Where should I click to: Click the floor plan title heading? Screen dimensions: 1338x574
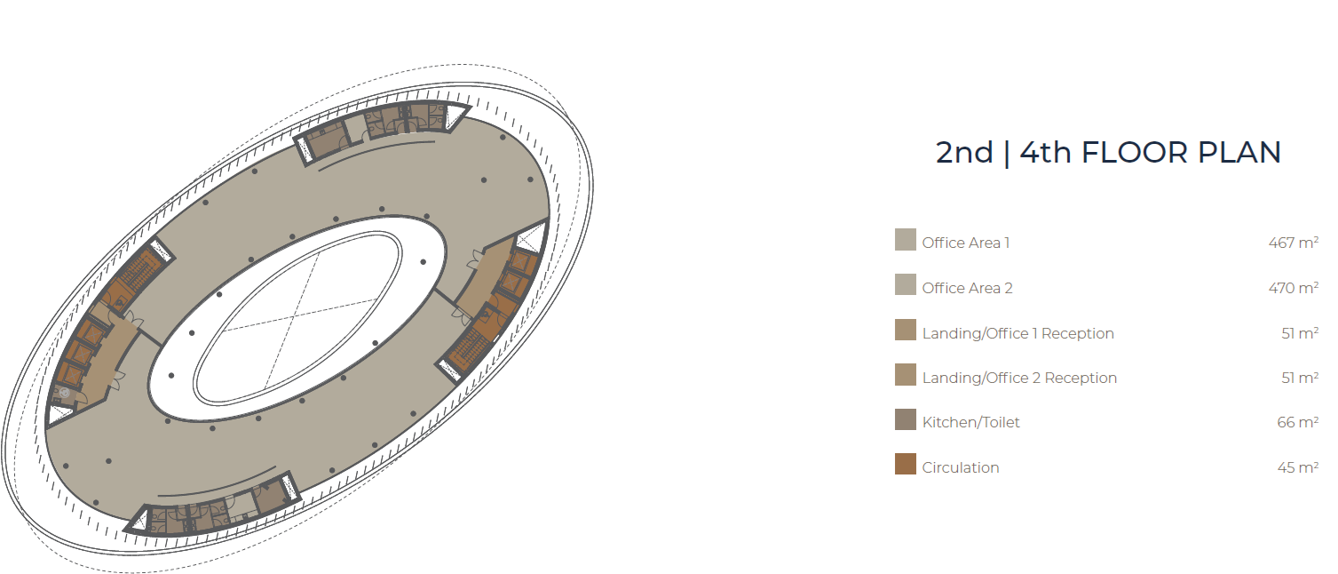click(x=1108, y=153)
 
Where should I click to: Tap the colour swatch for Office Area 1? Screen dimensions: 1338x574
click(x=905, y=240)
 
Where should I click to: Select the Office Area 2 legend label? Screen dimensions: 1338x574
click(x=967, y=288)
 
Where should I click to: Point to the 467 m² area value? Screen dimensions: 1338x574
click(x=1294, y=243)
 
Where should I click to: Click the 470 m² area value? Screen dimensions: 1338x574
click(x=1294, y=288)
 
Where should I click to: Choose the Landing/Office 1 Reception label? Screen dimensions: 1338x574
click(x=1017, y=333)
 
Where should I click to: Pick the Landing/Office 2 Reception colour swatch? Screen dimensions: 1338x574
click(x=905, y=375)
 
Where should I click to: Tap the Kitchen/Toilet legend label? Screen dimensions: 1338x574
click(x=970, y=423)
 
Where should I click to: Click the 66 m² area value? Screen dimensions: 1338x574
click(x=1297, y=423)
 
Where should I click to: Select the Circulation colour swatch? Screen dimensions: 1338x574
click(x=905, y=464)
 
